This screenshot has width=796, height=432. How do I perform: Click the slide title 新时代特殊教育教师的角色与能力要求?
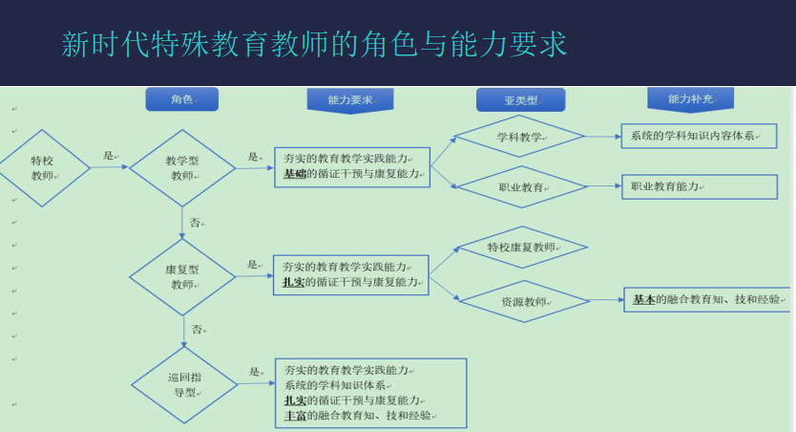point(314,44)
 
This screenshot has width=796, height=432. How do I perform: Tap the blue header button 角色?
point(181,99)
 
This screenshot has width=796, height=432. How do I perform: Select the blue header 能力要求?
point(350,100)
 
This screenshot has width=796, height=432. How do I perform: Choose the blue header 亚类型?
point(520,100)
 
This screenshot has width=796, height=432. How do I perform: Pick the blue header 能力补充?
point(690,99)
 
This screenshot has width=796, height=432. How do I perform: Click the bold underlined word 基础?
point(294,174)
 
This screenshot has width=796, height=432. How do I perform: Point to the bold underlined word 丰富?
point(295,416)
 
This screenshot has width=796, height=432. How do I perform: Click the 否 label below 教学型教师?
point(196,223)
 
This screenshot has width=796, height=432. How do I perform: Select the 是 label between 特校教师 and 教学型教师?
point(109,156)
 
